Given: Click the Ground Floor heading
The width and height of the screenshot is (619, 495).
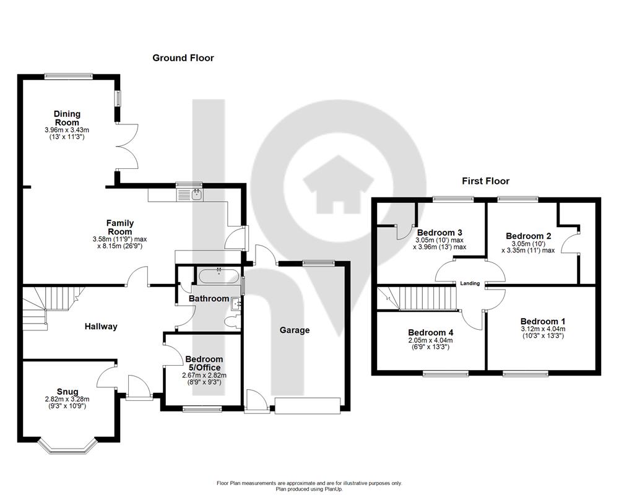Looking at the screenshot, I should click(x=183, y=58).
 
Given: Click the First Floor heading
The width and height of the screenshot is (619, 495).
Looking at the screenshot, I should click(x=486, y=181).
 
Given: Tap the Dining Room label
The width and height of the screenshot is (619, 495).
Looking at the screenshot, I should click(x=67, y=118).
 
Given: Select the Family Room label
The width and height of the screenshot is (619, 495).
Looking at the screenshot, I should click(x=120, y=227).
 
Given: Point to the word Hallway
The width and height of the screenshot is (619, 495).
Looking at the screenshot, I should click(x=101, y=327).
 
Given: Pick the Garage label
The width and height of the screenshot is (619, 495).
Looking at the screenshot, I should click(x=295, y=330).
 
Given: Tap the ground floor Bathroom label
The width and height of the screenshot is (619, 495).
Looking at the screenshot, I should click(x=209, y=299).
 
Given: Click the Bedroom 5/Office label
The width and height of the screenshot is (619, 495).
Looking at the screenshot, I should click(x=204, y=363).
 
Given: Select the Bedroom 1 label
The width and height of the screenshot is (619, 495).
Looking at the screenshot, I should click(x=543, y=322).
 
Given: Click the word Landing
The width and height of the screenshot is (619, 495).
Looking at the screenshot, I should click(x=470, y=283).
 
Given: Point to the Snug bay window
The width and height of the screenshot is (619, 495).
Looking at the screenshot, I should click(x=67, y=445).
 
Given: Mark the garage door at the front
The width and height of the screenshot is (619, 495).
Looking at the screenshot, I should click(x=308, y=405).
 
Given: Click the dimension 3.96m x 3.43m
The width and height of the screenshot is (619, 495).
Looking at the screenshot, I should click(x=67, y=130).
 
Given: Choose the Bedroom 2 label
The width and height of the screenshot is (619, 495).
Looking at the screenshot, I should click(x=529, y=236).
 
